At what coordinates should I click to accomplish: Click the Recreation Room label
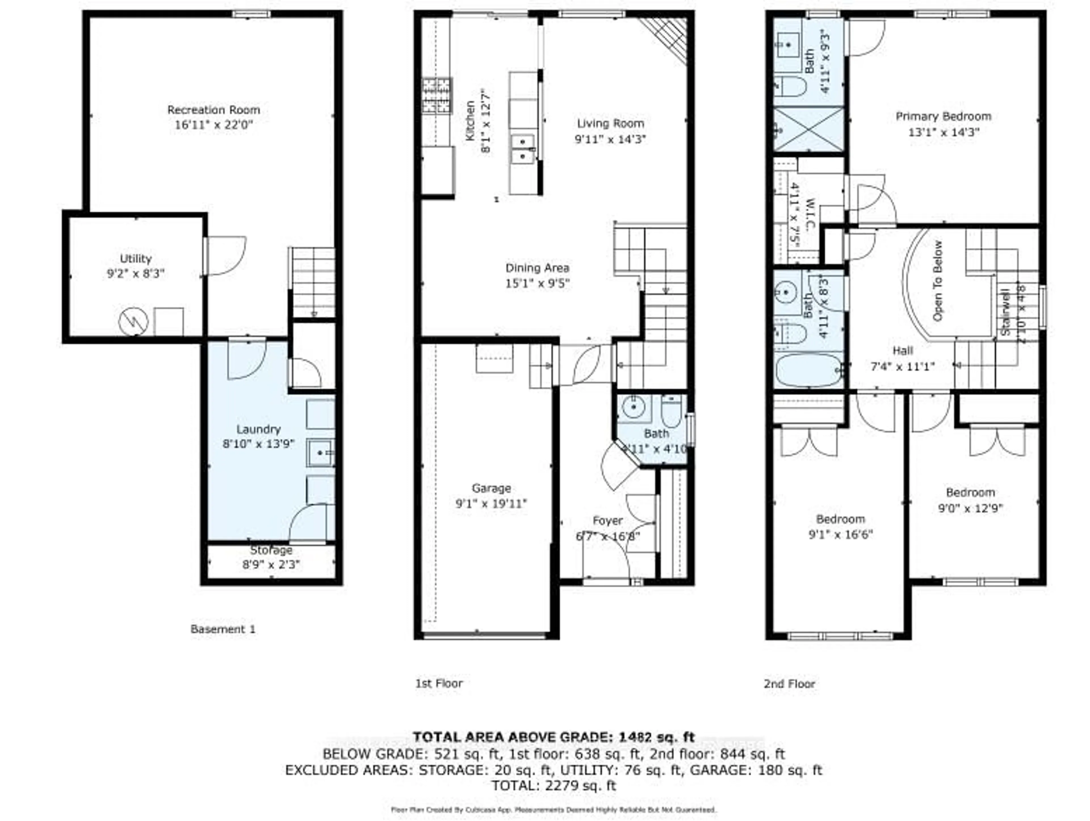pos(213,110)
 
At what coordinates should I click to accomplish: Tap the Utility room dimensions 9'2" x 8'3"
pos(135,274)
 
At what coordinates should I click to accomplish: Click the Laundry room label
pos(258,429)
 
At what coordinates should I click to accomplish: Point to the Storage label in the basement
pos(271,550)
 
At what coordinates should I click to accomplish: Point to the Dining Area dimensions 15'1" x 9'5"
pos(537,283)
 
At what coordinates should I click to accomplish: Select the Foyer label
pos(607,521)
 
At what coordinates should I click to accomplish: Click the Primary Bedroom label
pos(943,116)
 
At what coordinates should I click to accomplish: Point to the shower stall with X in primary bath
pos(808,129)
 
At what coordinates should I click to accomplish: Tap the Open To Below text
pos(937,281)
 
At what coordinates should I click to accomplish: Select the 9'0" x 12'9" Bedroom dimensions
pos(970,508)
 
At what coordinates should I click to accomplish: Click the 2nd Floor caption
pos(789,684)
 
